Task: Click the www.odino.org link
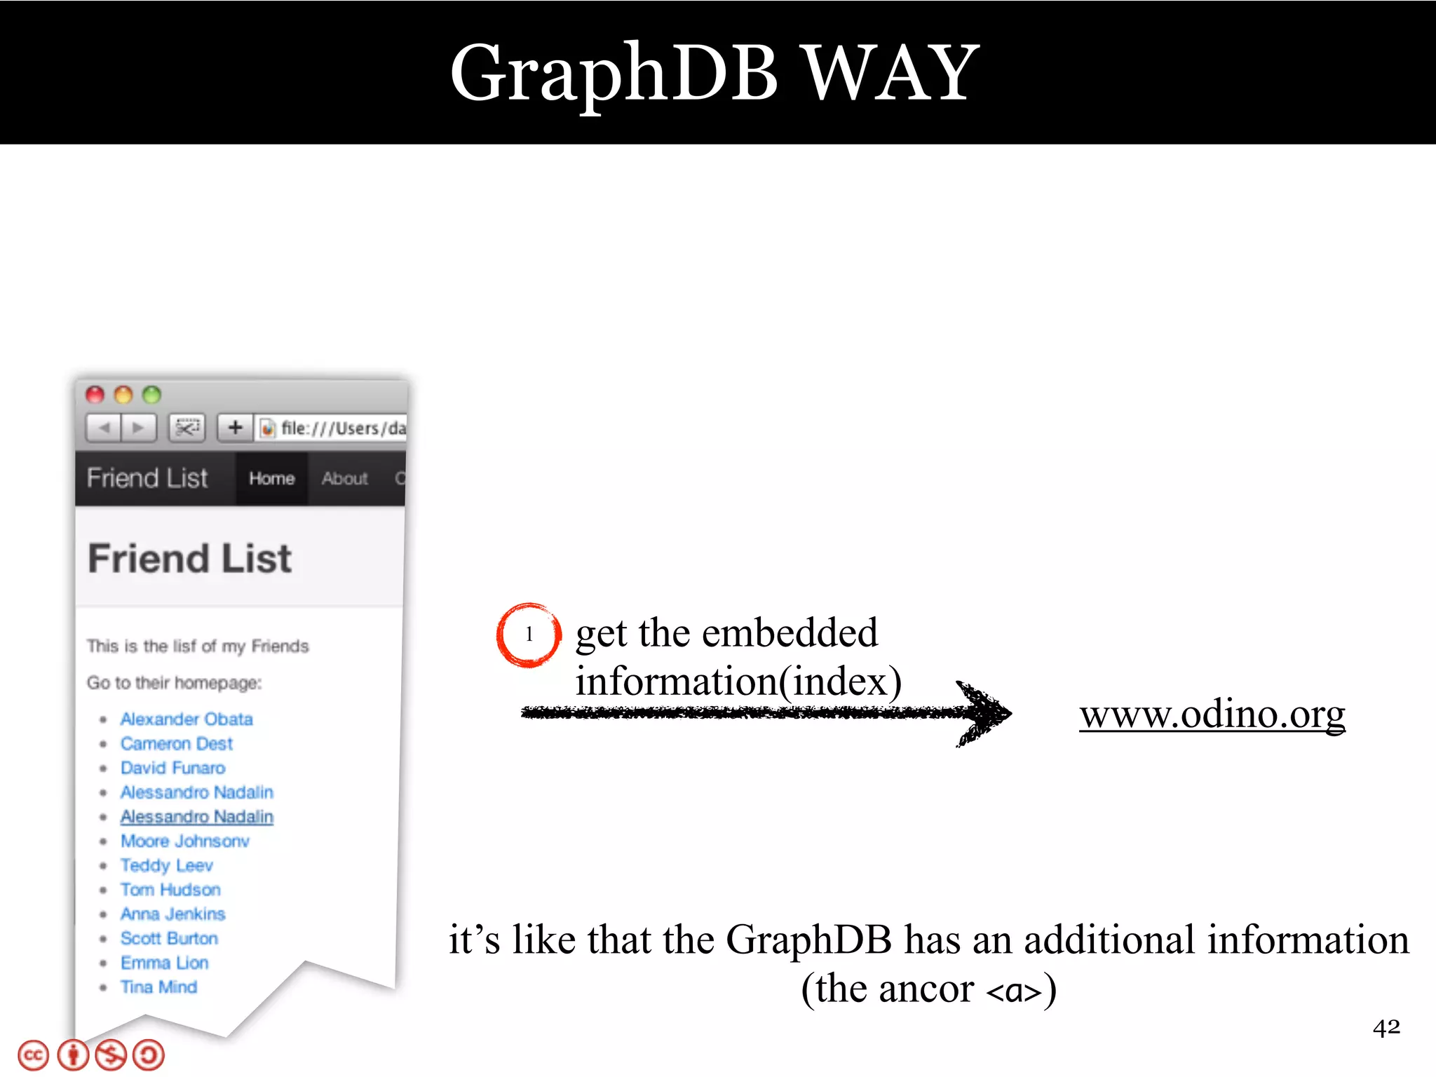point(1212,714)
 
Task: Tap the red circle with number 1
point(529,635)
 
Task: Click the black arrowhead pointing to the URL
point(985,714)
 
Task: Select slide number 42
point(1386,1028)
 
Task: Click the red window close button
point(95,395)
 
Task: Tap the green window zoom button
point(151,395)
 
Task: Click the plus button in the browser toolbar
point(236,427)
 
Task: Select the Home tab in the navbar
point(271,478)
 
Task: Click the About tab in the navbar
point(344,478)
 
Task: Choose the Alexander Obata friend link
point(186,719)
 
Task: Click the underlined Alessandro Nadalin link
point(196,817)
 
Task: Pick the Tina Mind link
point(158,987)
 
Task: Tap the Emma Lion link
point(164,963)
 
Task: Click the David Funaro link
point(172,768)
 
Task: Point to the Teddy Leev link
point(166,865)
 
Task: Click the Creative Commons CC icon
point(33,1056)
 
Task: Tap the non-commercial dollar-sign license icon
point(111,1056)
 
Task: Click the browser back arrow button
point(104,427)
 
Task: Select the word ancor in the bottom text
point(926,989)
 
